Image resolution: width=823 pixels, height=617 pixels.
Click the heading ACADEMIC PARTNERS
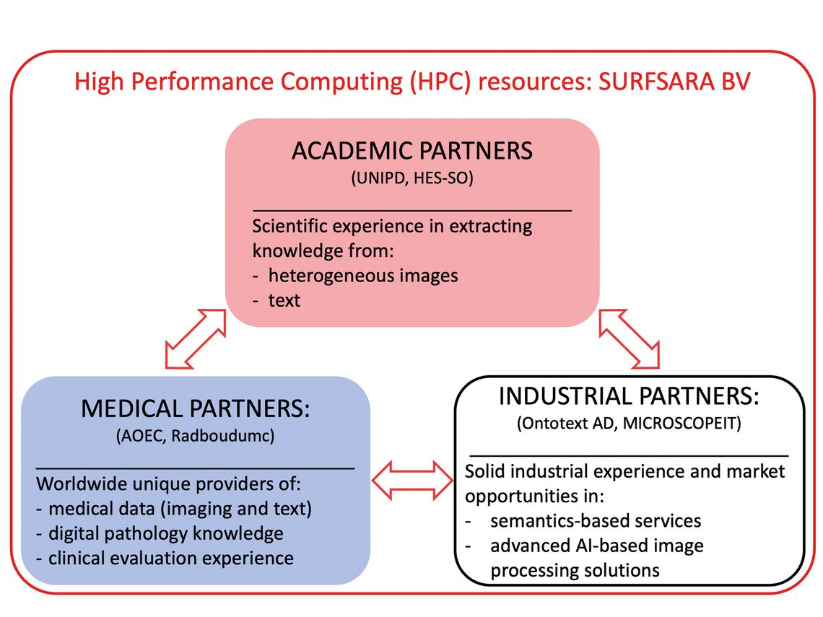pos(412,151)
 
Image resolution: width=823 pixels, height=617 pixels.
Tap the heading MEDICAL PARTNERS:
pos(195,408)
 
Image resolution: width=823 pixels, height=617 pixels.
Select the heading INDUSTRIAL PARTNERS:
pos(629,396)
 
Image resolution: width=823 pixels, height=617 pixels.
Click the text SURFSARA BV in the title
pos(674,82)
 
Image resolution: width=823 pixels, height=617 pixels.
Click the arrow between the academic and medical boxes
pos(195,339)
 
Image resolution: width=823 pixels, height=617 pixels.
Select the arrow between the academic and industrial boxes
pos(629,339)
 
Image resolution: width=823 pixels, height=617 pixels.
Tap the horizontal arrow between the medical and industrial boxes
pos(412,480)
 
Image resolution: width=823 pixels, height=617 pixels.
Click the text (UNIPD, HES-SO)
pos(412,178)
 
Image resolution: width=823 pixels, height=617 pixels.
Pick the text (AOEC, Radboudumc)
pos(195,436)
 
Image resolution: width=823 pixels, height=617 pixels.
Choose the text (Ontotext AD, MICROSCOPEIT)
pos(629,424)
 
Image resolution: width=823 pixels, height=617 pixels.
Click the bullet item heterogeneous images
pos(363,276)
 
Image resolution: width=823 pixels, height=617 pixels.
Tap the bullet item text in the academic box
pos(284,300)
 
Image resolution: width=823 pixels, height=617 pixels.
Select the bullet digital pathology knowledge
pos(166,533)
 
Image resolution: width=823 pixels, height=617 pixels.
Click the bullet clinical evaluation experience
pos(171,559)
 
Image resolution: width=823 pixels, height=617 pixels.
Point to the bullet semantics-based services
pos(596,520)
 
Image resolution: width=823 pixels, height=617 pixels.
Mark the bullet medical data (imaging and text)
pos(180,509)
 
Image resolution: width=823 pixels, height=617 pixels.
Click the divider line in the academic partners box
pos(412,211)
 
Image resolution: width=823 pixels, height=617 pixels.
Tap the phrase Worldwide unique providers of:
pos(168,483)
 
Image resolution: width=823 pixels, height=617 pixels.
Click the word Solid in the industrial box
pos(485,471)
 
